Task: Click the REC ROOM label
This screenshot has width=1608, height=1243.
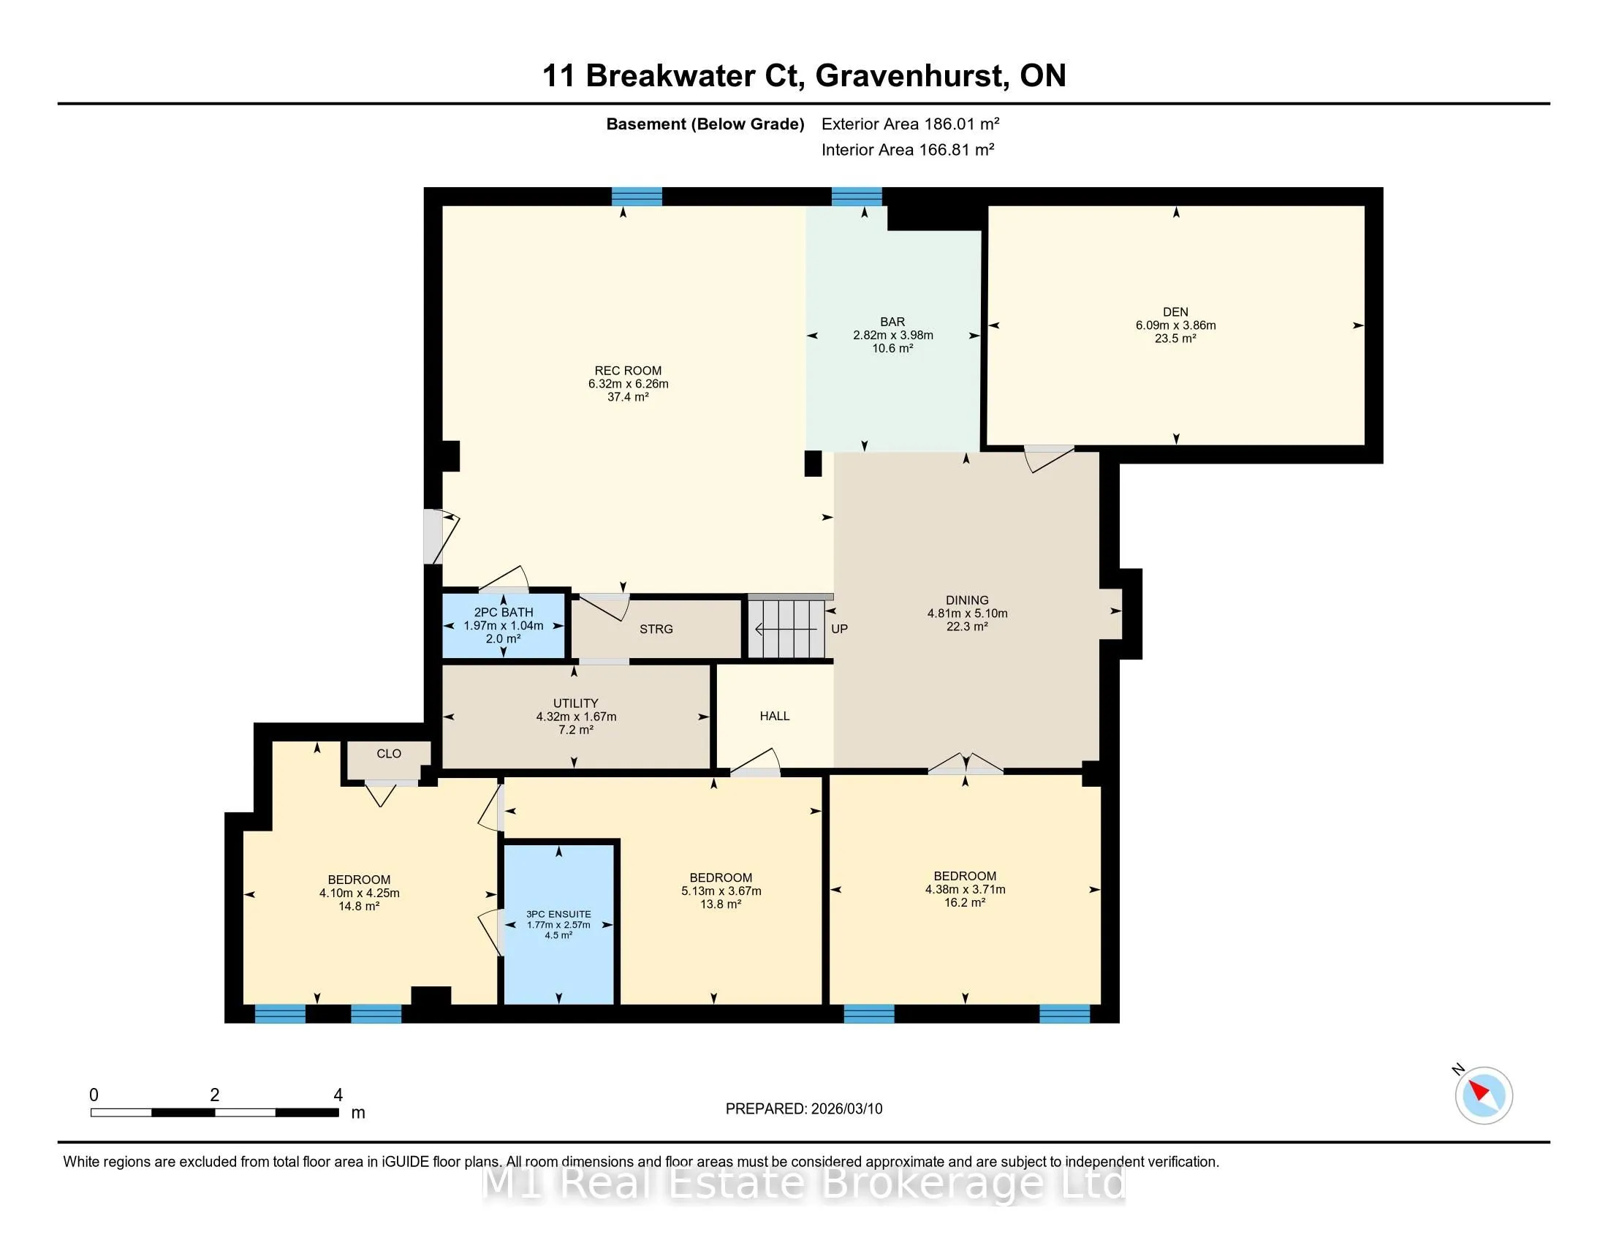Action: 628,371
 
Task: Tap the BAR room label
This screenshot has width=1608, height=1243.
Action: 892,322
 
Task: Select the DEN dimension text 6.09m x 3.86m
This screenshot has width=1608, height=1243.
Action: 1176,325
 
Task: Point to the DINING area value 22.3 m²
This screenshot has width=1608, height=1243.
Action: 967,626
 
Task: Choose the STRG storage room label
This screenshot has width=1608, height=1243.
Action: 656,629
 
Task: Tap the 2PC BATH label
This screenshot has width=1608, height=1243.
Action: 504,612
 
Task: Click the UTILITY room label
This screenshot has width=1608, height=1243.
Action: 576,703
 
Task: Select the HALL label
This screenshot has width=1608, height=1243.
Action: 775,716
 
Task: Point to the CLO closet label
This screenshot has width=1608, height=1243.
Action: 389,753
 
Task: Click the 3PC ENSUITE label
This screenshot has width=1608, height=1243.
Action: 559,914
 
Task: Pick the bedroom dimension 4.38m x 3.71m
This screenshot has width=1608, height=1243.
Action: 966,889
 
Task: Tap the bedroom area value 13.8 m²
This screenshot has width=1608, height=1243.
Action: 721,904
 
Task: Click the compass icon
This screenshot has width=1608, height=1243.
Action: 1484,1095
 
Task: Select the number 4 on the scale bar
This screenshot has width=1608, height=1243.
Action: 338,1095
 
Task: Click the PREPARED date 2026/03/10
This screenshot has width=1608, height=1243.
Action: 846,1109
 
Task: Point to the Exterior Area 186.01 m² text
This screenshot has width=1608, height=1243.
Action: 910,124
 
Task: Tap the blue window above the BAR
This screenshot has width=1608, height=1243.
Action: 857,197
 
